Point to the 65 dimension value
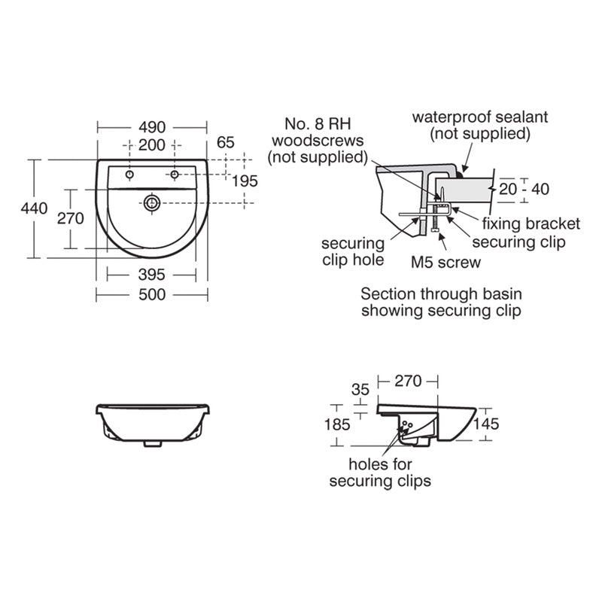tap(226, 141)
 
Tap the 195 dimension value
tap(245, 181)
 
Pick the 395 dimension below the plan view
tap(152, 275)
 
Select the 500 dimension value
tap(152, 295)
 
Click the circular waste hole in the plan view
tap(153, 202)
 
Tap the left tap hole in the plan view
tap(131, 175)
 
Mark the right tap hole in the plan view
tap(175, 175)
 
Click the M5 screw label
tap(445, 262)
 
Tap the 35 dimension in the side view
tap(360, 390)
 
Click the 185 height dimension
tap(336, 424)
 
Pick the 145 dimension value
tap(487, 424)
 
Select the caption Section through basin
tap(441, 293)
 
